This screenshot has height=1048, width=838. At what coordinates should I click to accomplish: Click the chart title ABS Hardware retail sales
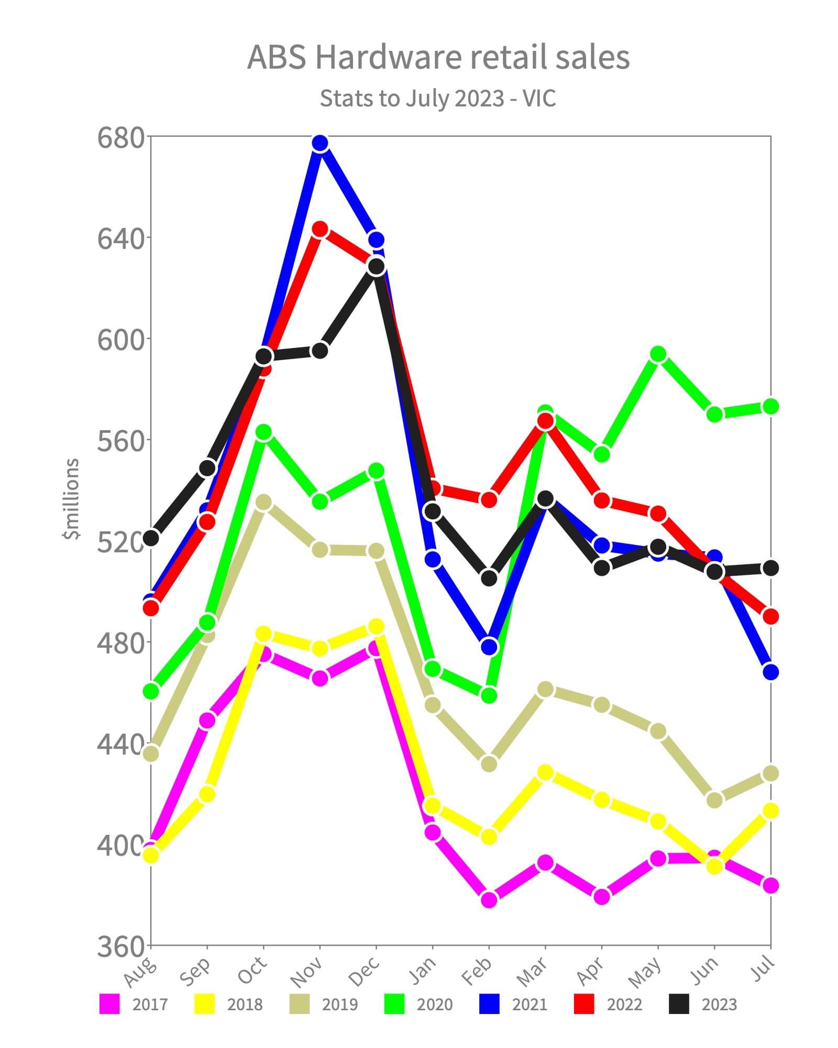tap(438, 57)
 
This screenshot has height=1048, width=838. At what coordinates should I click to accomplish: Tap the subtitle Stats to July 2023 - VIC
tap(438, 98)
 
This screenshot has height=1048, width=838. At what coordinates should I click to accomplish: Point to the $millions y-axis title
tap(72, 498)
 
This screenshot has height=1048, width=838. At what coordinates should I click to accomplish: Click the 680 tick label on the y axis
tap(120, 138)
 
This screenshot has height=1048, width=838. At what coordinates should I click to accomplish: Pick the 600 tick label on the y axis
tap(120, 341)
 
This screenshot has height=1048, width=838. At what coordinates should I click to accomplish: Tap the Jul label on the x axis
tap(763, 967)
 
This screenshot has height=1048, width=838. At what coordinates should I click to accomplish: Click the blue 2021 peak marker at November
tap(320, 143)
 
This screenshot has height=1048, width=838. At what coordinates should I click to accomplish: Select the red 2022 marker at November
tap(320, 230)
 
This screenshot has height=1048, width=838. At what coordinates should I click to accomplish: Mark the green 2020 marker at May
tap(658, 355)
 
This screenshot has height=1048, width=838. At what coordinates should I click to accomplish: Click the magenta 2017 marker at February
tap(489, 900)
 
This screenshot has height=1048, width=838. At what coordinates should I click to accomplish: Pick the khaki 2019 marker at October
tap(263, 502)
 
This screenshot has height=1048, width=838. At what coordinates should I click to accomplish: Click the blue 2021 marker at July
tap(770, 672)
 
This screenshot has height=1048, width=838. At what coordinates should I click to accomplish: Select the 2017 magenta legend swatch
tap(109, 1004)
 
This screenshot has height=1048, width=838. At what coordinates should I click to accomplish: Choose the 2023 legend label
tap(719, 1005)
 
